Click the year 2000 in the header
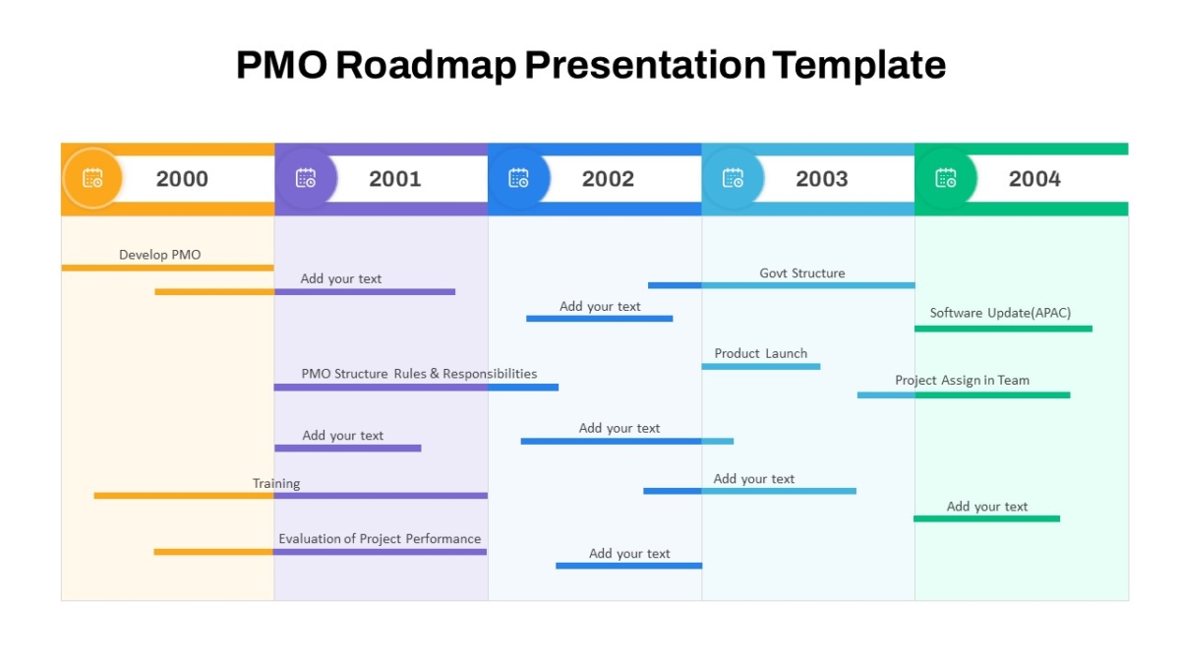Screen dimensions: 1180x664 (x=182, y=179)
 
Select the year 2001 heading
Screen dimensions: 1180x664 (x=395, y=179)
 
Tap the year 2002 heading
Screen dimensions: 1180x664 (x=608, y=179)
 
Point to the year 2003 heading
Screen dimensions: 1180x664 (x=822, y=179)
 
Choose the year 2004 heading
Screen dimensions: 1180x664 (x=1034, y=179)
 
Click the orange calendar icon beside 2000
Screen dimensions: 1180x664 (x=92, y=178)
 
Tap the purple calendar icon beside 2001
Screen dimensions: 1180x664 (x=306, y=178)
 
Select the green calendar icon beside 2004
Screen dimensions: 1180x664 (x=946, y=178)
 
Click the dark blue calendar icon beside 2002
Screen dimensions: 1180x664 (x=519, y=178)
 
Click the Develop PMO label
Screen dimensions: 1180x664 (x=159, y=255)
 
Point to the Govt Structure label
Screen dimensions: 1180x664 (x=801, y=273)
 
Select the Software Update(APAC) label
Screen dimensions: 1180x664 (x=1000, y=313)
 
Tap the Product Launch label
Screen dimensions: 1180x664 (x=761, y=353)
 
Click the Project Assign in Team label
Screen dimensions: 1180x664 (x=962, y=381)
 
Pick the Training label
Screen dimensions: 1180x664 (x=276, y=484)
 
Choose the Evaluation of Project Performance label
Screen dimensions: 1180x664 (x=380, y=539)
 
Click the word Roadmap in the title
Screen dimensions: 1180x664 (x=426, y=65)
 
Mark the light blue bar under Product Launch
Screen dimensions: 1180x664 (x=761, y=367)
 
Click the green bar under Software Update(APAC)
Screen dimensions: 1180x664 (x=1004, y=329)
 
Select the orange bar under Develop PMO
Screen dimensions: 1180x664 (x=167, y=268)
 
